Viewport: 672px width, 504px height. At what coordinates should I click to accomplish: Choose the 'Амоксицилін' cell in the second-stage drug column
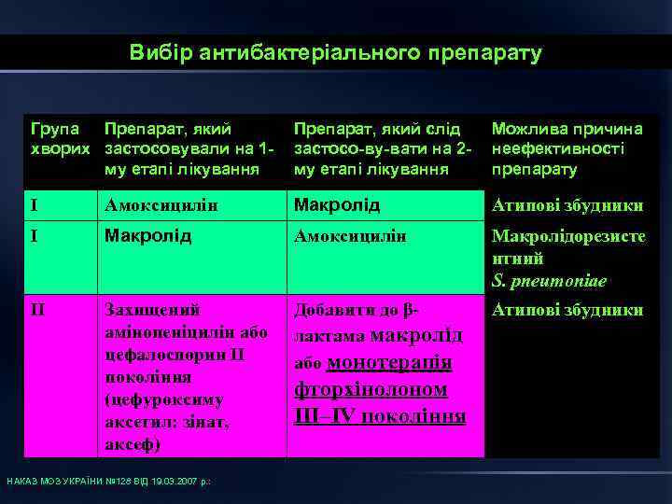350,237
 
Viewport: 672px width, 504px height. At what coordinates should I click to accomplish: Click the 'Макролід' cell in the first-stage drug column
147,236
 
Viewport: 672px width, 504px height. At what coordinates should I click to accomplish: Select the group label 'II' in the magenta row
38,309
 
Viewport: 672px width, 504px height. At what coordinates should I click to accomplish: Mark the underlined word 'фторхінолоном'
371,389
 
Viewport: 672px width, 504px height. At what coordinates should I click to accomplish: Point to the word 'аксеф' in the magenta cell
131,445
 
